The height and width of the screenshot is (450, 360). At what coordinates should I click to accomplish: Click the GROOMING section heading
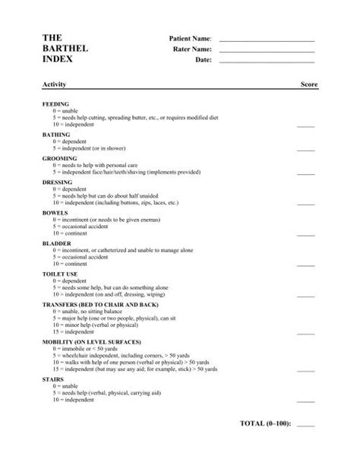[59, 158]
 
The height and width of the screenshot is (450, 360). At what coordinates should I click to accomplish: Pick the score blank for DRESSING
[305, 204]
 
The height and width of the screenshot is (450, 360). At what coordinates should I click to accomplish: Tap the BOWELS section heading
[55, 213]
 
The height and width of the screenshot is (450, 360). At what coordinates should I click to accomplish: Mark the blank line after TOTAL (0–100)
[305, 424]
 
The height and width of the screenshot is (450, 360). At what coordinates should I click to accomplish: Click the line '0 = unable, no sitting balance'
[87, 310]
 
